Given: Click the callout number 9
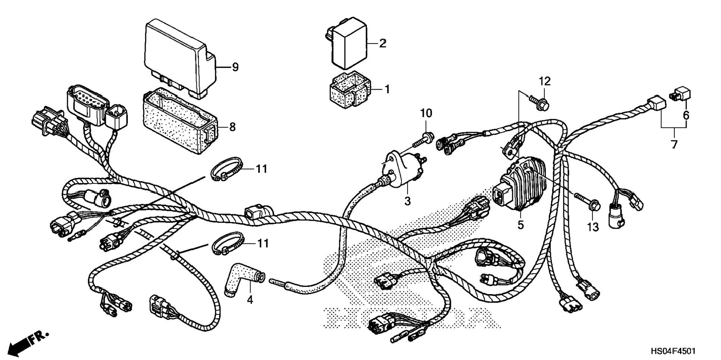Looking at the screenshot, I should tap(235, 67).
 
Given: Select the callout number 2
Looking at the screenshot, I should tap(382, 43).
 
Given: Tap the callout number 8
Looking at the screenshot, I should tap(232, 127).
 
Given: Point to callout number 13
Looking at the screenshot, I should tap(593, 227).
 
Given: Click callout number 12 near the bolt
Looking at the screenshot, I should tap(544, 81).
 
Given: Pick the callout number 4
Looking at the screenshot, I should tap(250, 299).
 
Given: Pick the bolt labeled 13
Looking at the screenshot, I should tap(589, 201).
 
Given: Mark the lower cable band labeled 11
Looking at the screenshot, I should tap(227, 244).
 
